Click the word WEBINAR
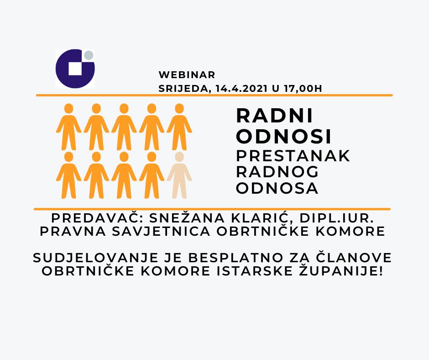(187, 75)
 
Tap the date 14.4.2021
(241, 89)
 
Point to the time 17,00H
(303, 89)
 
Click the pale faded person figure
(179, 175)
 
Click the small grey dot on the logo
(89, 55)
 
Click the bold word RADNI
(274, 116)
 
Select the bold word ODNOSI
(284, 136)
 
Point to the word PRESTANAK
(293, 156)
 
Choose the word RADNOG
(277, 172)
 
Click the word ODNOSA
(277, 188)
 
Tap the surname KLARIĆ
(263, 218)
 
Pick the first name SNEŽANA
(188, 218)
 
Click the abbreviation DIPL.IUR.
(337, 218)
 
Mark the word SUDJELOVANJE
(95, 258)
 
